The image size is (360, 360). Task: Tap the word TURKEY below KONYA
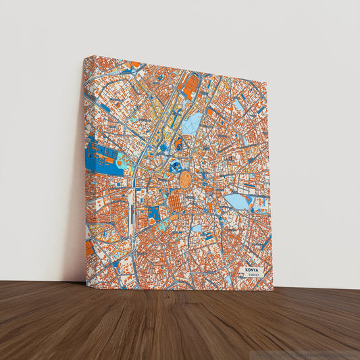pos(253,276)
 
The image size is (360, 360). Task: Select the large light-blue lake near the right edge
pos(237,201)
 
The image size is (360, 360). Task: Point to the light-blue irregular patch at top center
pos(192,122)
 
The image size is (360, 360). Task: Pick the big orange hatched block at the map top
pos(191,84)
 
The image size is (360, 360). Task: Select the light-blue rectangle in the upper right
pos(238,105)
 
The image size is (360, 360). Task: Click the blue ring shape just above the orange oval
pos(176,165)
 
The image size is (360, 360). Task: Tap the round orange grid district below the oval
pos(178,201)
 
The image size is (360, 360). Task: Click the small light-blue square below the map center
pos(196,228)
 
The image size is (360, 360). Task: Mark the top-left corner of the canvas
pos(84,57)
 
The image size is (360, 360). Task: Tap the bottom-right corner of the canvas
pos(273,290)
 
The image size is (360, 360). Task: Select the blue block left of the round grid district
pos(153,214)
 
